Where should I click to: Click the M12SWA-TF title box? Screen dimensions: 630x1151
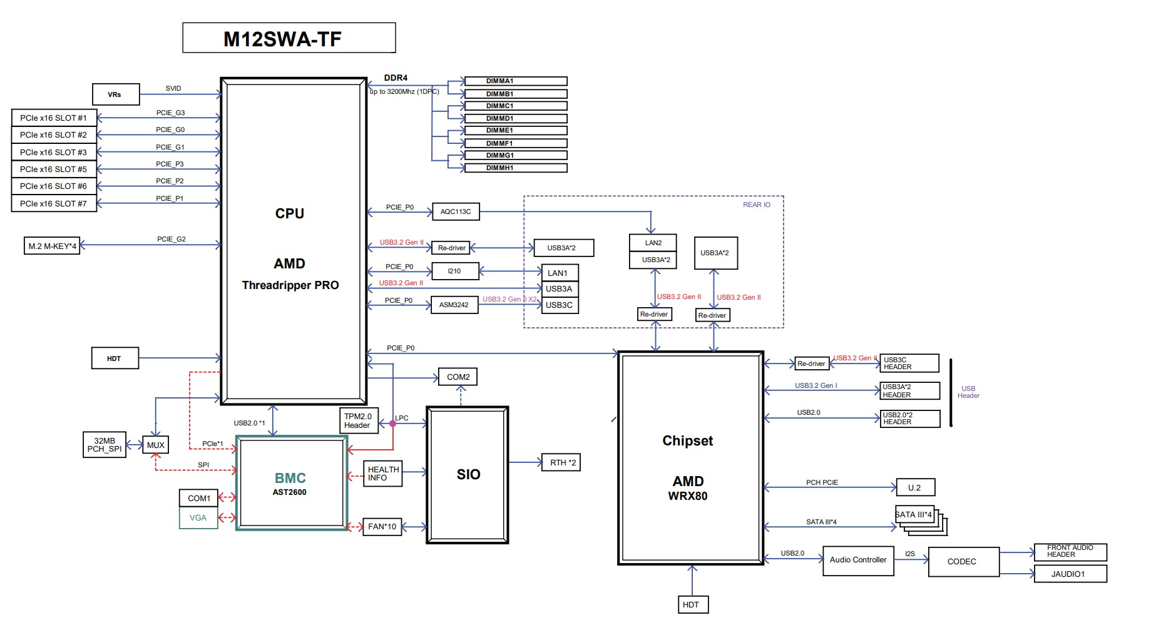tap(289, 38)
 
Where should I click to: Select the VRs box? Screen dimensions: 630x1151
tap(116, 94)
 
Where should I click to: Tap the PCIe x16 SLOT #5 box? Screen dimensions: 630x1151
tap(54, 169)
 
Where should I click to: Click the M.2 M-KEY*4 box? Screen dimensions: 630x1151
tap(53, 246)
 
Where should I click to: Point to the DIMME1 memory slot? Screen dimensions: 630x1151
tap(515, 131)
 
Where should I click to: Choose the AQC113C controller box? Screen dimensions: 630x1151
tap(456, 211)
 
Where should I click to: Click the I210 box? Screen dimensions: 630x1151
tap(455, 271)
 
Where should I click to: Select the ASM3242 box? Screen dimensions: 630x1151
tap(454, 305)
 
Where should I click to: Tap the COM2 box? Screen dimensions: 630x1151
tap(458, 377)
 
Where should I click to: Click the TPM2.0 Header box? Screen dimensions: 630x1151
tap(358, 420)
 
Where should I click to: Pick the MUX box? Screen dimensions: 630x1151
tap(155, 445)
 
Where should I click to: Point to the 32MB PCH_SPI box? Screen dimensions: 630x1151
tap(105, 445)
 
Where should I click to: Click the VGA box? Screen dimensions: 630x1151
tap(198, 518)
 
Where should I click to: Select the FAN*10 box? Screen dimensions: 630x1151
tap(382, 527)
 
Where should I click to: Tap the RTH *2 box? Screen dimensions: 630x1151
tap(561, 462)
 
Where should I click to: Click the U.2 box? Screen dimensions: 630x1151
tap(915, 487)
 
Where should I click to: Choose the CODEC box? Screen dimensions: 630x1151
tap(962, 561)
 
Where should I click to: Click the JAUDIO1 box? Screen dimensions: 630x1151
tap(1070, 574)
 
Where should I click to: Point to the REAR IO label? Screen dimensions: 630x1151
tap(756, 205)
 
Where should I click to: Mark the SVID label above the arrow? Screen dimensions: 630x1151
tap(173, 88)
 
